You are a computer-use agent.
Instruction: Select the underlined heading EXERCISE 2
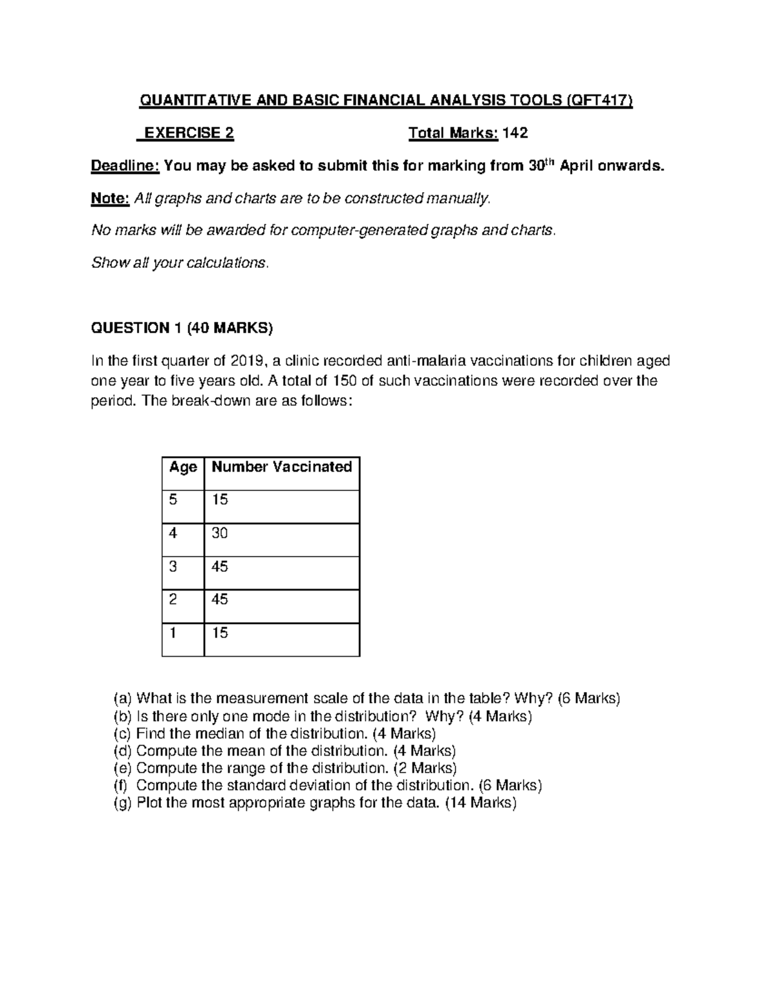point(188,133)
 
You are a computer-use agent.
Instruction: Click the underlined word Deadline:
point(125,166)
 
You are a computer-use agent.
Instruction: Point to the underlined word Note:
point(111,199)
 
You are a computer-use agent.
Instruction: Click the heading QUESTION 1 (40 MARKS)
point(182,328)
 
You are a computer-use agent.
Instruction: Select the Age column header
point(183,467)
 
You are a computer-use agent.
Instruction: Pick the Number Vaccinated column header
point(282,467)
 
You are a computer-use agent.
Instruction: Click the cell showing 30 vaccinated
point(220,533)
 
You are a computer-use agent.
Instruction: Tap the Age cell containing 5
point(173,499)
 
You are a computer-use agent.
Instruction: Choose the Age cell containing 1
point(173,633)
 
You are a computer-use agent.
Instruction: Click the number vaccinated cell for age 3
point(220,566)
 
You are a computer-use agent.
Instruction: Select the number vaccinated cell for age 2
point(220,600)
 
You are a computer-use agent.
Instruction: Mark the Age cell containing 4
point(173,533)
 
